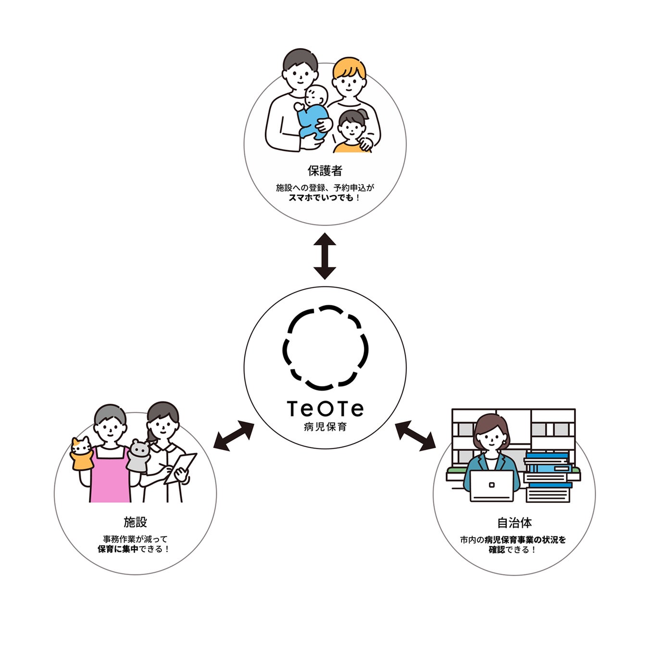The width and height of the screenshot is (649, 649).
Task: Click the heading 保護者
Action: pyautogui.click(x=324, y=171)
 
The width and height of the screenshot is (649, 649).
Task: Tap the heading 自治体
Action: pyautogui.click(x=514, y=523)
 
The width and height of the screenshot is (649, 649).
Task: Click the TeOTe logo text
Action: pyautogui.click(x=325, y=409)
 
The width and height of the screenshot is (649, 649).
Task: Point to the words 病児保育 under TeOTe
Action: pyautogui.click(x=325, y=427)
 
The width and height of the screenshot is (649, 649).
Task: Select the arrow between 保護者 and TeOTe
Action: pyautogui.click(x=324, y=256)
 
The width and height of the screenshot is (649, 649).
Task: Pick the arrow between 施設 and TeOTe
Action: pyautogui.click(x=233, y=435)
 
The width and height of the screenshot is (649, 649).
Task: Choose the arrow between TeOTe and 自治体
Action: pyautogui.click(x=415, y=436)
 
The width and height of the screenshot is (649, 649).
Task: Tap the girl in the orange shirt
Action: pyautogui.click(x=352, y=132)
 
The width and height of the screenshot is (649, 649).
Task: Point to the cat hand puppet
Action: pyautogui.click(x=82, y=454)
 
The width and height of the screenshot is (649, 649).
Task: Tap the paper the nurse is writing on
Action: pyautogui.click(x=180, y=468)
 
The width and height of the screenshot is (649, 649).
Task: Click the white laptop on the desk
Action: pyautogui.click(x=491, y=486)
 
